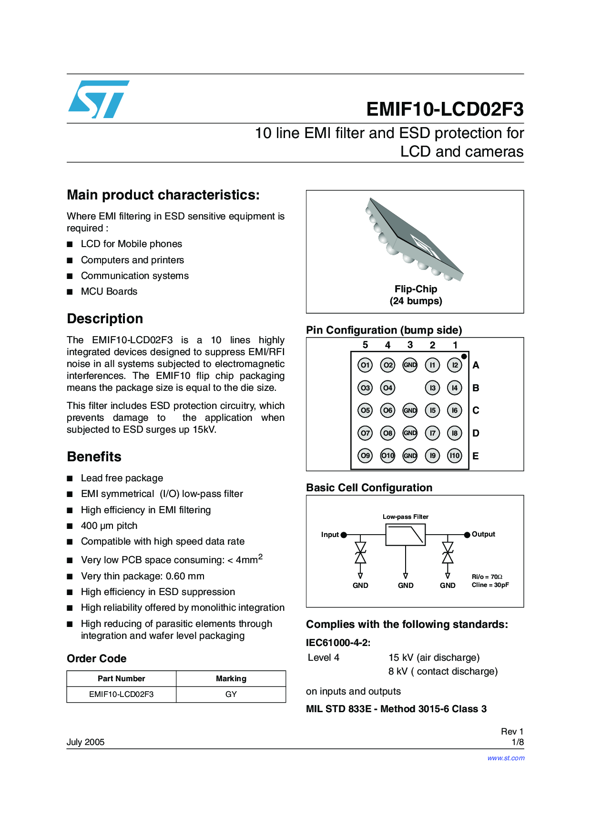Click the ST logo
tap(99, 99)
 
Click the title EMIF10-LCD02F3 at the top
tap(445, 109)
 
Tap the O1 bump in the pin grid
tap(365, 365)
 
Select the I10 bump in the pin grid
tap(455, 456)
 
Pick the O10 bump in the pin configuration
tap(387, 456)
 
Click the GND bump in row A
tap(410, 365)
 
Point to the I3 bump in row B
tap(432, 388)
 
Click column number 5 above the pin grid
tap(365, 345)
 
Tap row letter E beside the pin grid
tap(476, 456)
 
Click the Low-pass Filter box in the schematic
tap(406, 535)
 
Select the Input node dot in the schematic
tap(344, 535)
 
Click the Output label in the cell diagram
tap(483, 534)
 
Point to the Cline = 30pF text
tap(490, 585)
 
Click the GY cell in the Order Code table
tap(231, 694)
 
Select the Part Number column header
tap(122, 678)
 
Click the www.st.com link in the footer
tap(506, 758)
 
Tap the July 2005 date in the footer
tap(85, 742)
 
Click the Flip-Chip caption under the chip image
tap(416, 289)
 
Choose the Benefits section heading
tap(94, 457)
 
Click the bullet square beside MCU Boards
tap(70, 292)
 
